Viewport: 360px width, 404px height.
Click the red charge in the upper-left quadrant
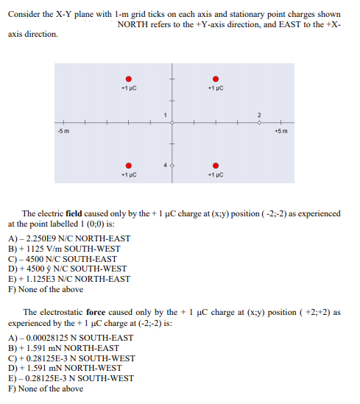(129, 79)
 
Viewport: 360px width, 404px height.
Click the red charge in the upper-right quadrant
(215, 79)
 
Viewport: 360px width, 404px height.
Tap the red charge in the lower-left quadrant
(129, 166)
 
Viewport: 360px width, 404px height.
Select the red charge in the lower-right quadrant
(215, 166)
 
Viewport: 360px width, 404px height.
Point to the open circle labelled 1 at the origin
(172, 122)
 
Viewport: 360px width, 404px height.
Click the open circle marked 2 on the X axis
(258, 122)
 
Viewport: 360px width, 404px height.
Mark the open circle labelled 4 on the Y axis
(172, 166)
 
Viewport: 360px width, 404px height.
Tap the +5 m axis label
(280, 131)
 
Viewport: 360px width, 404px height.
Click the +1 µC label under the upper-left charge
(129, 89)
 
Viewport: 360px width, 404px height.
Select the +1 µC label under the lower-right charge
(215, 175)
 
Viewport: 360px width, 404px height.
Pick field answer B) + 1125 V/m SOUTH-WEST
(67, 249)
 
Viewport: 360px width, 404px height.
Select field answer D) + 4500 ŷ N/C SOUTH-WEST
(67, 269)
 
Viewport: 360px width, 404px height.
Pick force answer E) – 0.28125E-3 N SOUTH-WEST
(71, 378)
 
